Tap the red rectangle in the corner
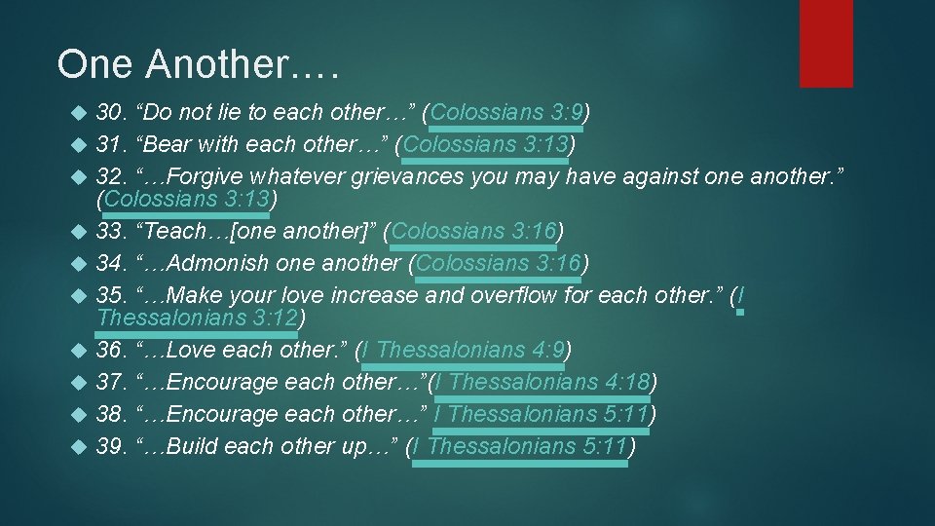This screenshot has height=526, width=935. tap(825, 43)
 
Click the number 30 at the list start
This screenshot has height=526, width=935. tap(111, 112)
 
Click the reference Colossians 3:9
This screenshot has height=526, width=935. tap(504, 112)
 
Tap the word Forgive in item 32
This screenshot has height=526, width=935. tap(206, 176)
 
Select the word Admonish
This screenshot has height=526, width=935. tap(219, 264)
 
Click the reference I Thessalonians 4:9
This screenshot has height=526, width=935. tap(465, 350)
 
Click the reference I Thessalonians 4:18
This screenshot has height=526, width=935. tap(542, 382)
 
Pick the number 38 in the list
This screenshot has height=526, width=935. tap(111, 414)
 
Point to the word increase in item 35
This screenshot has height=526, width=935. tap(370, 296)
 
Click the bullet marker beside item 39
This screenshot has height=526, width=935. tap(81, 447)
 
